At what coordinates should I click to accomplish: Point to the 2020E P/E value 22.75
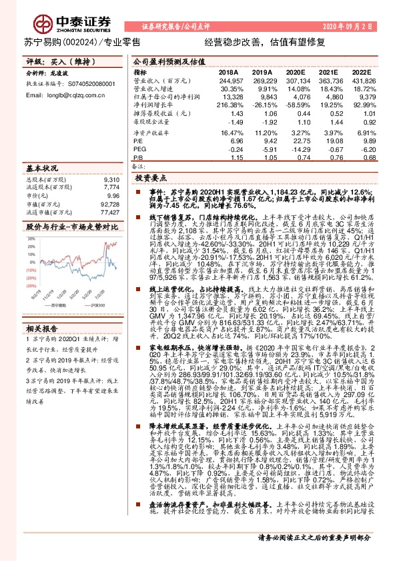[294, 141]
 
